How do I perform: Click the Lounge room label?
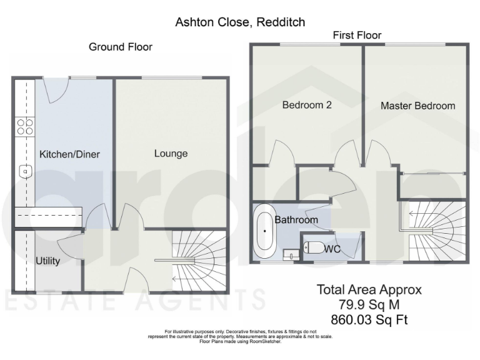171,154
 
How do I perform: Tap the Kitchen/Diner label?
69,154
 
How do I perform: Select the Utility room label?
47,261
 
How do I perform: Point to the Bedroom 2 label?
306,105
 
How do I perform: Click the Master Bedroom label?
418,106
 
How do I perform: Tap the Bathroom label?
296,220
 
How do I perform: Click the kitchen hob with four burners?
25,127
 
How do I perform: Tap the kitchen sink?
24,170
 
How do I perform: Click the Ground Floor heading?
120,47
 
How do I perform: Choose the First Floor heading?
357,35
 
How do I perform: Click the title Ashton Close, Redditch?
240,22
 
